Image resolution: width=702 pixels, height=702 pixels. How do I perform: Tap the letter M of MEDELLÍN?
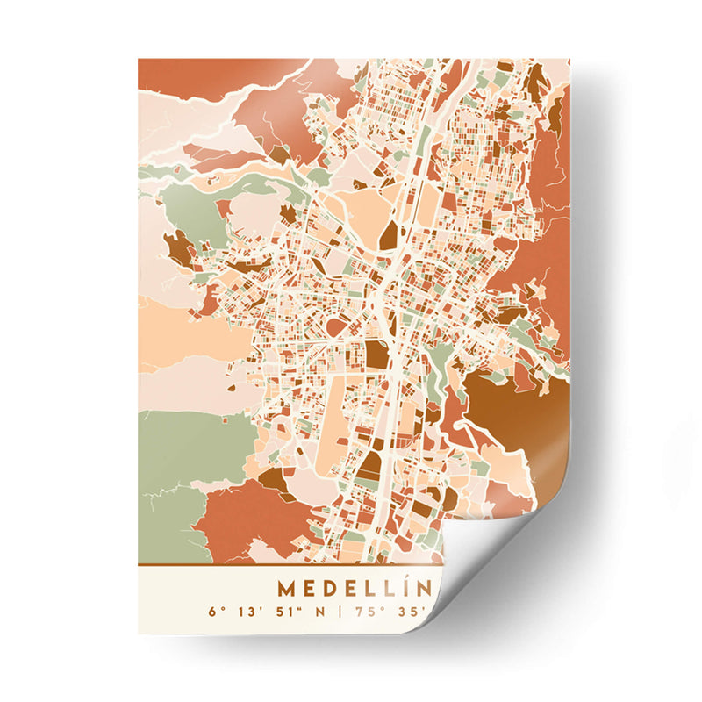point(286,588)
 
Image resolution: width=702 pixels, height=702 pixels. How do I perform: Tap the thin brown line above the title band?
point(290,565)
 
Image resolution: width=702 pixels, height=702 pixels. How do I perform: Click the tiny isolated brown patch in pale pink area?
point(233,386)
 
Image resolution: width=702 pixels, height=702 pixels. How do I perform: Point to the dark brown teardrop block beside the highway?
point(388,234)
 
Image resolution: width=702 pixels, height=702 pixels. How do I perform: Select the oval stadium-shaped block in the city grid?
point(338,326)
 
